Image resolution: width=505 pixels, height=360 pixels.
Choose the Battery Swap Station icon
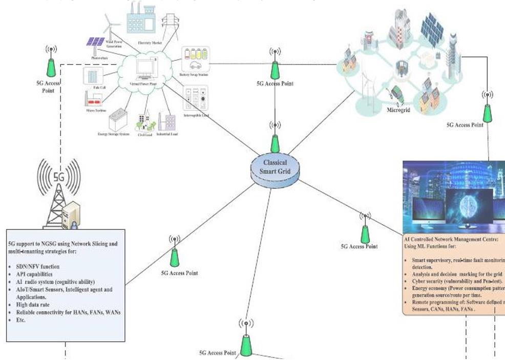(x=195, y=59)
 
